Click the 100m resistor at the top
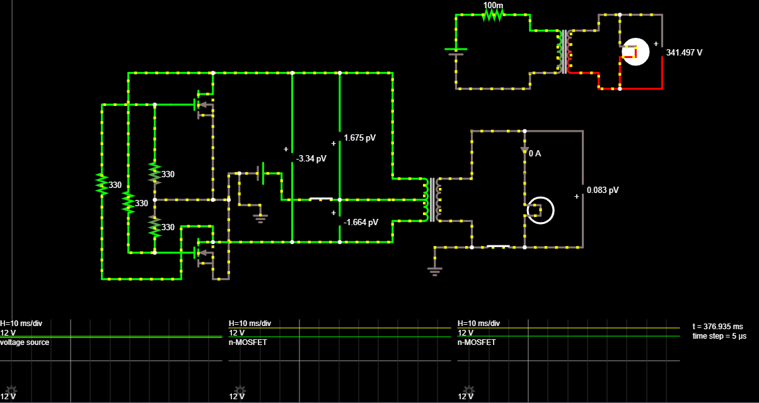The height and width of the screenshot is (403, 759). (493, 15)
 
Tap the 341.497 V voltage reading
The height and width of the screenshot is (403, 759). (684, 52)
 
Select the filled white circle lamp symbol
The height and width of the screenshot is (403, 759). (635, 52)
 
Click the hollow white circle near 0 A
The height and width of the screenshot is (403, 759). (540, 211)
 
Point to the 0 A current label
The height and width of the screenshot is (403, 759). (535, 153)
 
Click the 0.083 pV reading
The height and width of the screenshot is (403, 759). (603, 190)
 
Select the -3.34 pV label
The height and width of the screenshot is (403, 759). (312, 158)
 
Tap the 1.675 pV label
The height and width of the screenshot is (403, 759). (359, 137)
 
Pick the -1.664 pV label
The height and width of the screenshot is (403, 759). (361, 222)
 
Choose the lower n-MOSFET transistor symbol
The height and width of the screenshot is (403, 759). (202, 252)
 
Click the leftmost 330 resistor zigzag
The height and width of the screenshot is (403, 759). (101, 184)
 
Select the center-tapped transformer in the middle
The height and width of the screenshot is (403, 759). (432, 199)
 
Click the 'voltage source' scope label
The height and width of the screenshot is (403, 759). (25, 342)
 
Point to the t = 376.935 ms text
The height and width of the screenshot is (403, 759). (717, 327)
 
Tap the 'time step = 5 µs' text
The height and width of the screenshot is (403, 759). (719, 336)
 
